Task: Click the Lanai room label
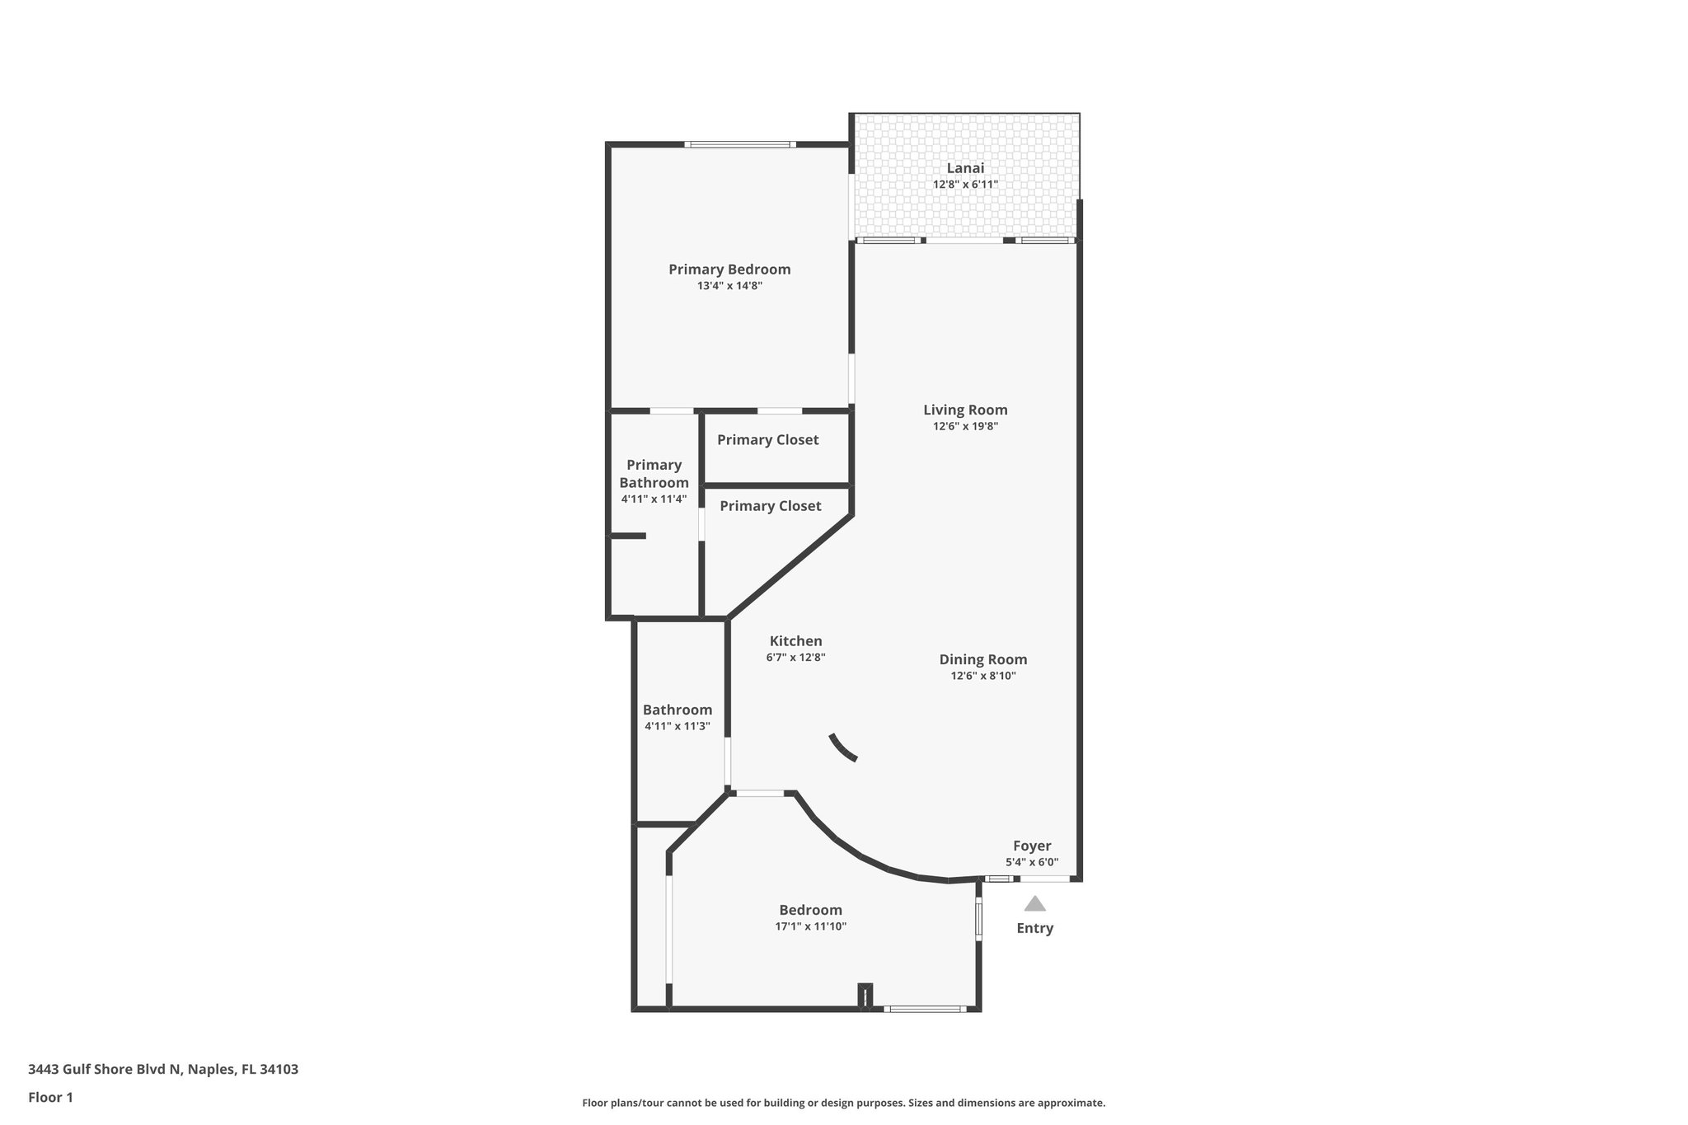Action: (x=964, y=168)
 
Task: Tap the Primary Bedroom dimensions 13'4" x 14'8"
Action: (x=729, y=286)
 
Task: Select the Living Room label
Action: (x=965, y=410)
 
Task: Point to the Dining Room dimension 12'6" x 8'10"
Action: (x=982, y=676)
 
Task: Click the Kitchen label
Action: (x=795, y=640)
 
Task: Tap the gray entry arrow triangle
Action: (x=1034, y=904)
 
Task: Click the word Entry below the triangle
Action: (x=1034, y=928)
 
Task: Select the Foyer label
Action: (x=1032, y=846)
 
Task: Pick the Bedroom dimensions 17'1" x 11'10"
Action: (x=810, y=926)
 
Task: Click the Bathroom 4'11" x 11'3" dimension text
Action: (x=677, y=726)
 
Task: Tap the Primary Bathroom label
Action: (x=654, y=474)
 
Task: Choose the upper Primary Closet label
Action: (x=767, y=440)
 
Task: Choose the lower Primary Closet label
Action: (x=770, y=506)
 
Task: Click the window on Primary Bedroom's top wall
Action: (x=739, y=145)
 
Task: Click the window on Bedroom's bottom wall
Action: (x=924, y=1009)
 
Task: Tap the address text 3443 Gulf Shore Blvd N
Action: (x=162, y=1070)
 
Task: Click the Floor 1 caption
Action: (x=50, y=1097)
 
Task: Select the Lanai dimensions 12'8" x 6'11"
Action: (x=965, y=185)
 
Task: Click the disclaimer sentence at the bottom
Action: (x=843, y=1103)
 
